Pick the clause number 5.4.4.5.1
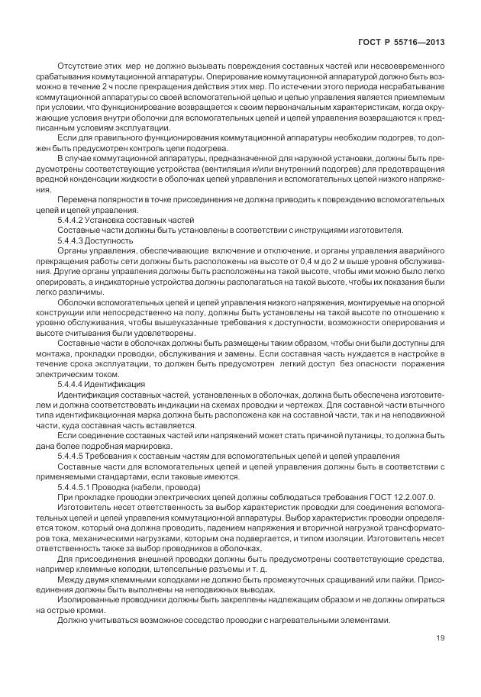click(x=74, y=486)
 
